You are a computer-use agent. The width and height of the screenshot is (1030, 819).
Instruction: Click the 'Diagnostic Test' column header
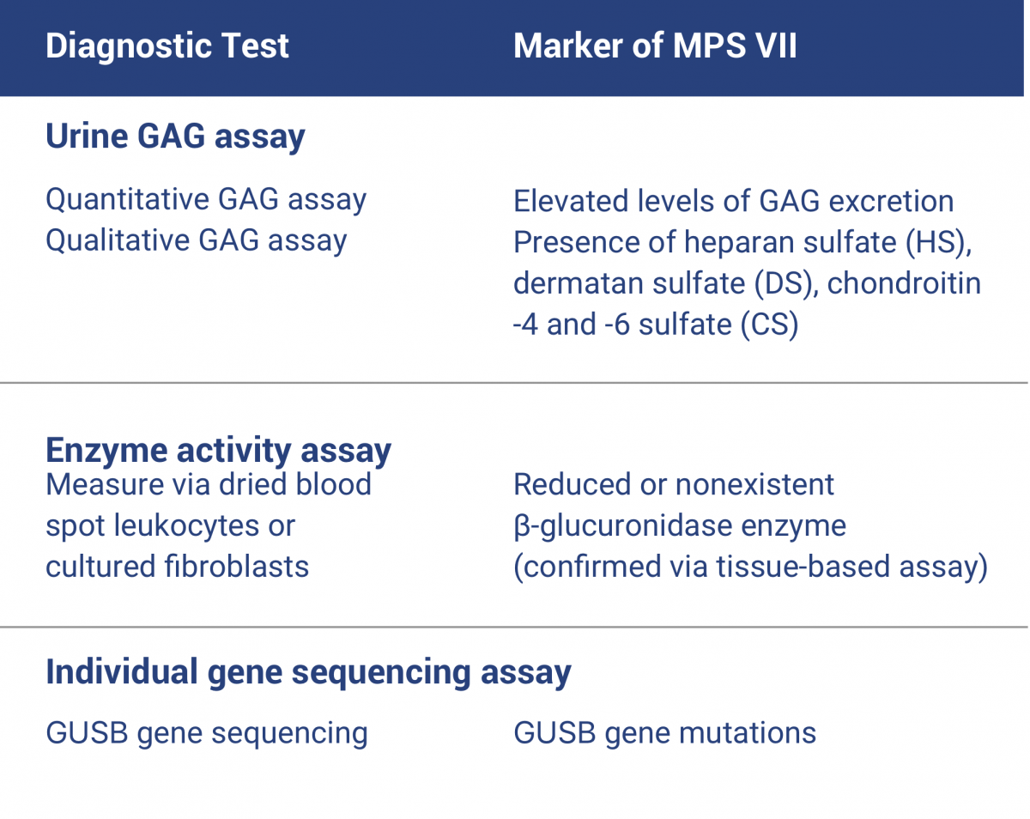[167, 45]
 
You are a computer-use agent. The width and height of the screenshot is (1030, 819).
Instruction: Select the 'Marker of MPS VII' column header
[655, 45]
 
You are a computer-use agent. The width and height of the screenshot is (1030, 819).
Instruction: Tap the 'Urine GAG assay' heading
[175, 137]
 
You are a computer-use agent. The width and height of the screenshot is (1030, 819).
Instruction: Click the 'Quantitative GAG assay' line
[206, 199]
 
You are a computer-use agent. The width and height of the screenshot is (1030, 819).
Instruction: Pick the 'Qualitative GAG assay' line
[197, 240]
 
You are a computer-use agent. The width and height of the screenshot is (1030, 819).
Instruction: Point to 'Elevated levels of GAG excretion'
[733, 201]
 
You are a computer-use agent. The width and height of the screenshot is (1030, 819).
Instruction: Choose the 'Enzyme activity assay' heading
[218, 450]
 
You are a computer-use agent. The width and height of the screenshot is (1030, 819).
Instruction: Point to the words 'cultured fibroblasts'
[177, 567]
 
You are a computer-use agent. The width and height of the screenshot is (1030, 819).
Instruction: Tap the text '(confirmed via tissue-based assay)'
[750, 567]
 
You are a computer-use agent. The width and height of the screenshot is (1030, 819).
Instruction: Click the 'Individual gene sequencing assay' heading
[308, 671]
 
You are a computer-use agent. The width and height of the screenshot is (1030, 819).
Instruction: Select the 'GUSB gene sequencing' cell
[206, 733]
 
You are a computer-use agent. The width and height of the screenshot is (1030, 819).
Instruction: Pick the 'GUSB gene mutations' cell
[664, 733]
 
